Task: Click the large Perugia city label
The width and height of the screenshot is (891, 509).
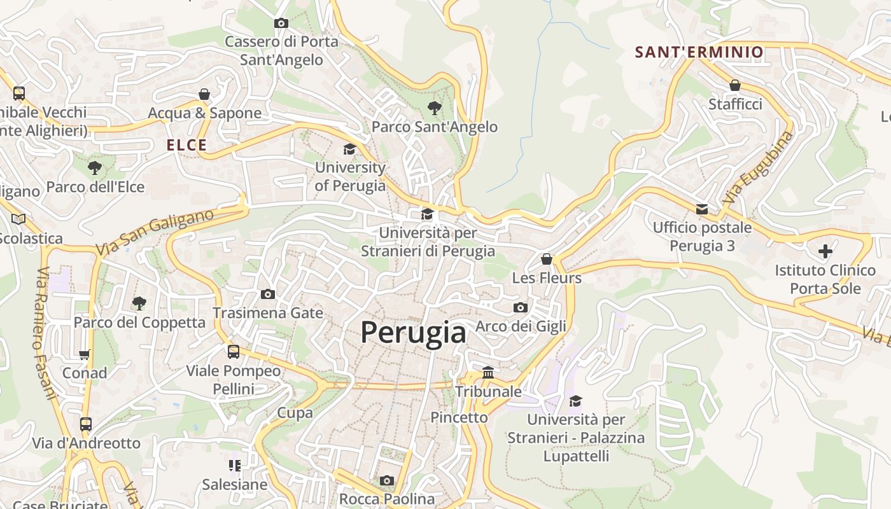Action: coord(413,332)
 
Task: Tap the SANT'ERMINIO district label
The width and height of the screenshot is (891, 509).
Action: coord(699,52)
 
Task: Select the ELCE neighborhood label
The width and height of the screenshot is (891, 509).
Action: coord(187,145)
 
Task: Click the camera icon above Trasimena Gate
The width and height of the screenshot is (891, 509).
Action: coord(268,294)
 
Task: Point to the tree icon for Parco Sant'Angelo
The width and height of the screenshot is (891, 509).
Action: coord(435,108)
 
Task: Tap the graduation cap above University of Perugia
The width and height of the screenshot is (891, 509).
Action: coord(349,150)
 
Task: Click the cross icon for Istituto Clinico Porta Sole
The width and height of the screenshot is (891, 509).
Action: coord(825,251)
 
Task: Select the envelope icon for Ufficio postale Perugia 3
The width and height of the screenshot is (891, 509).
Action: coord(702,209)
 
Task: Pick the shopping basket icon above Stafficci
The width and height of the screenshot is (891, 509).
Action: coord(735,85)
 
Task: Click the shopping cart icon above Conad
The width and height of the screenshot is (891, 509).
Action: coord(85,354)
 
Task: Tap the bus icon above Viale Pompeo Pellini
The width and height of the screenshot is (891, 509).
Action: coord(234,352)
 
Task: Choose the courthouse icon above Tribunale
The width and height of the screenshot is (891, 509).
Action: coord(488,372)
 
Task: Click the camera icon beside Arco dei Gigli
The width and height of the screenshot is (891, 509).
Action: coord(520,308)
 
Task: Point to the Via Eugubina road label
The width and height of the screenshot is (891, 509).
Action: coord(758,167)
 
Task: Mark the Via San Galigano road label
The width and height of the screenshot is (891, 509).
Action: coord(155,233)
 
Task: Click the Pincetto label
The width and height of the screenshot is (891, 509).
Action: coord(459,417)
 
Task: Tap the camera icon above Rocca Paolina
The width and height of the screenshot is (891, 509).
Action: coord(387,480)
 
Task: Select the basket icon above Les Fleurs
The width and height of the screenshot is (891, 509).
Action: coord(546,259)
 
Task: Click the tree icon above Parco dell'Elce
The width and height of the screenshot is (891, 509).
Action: coord(95,168)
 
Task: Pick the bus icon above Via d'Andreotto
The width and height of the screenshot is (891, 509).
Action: coord(86,424)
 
